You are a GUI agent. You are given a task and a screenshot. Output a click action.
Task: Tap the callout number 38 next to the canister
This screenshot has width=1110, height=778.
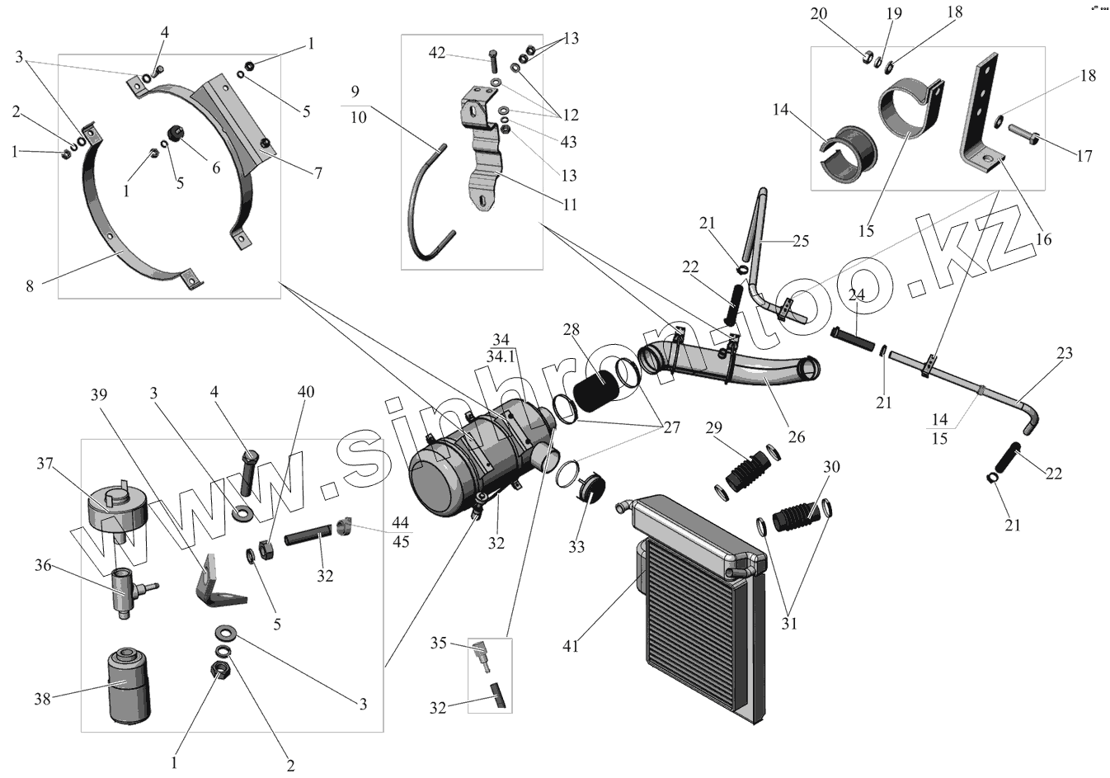click(42, 699)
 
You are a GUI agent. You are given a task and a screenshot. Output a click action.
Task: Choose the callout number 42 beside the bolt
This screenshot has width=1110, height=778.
click(438, 54)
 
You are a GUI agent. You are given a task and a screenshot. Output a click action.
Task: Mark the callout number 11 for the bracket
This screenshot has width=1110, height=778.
click(568, 204)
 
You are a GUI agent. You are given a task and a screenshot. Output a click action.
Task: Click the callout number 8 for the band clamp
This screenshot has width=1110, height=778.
click(30, 286)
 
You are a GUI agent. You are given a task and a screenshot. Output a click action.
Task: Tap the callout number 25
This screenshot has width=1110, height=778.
click(800, 241)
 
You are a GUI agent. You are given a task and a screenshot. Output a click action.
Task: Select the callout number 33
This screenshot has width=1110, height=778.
click(576, 546)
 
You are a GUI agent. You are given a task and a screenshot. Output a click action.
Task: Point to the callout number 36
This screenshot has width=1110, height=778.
click(42, 565)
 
